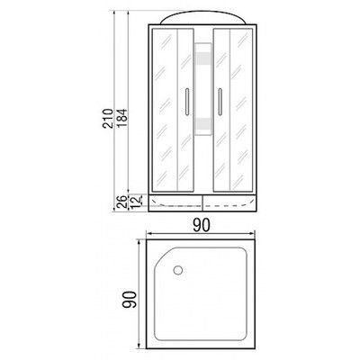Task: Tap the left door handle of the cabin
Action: click(186, 102)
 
